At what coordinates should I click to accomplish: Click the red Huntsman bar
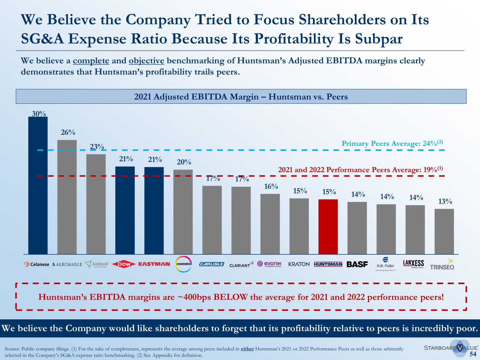[x=328, y=227]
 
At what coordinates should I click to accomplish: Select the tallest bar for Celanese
[x=38, y=186]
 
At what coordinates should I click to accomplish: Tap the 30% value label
[x=39, y=114]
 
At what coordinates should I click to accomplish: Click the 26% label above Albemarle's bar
[x=68, y=132]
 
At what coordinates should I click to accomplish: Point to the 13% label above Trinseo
[x=445, y=201]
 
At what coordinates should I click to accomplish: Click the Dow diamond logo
[x=124, y=264]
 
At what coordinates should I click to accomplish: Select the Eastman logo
[x=154, y=264]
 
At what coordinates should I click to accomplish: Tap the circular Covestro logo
[x=184, y=264]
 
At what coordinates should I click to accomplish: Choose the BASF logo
[x=357, y=264]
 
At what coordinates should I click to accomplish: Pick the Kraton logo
[x=299, y=264]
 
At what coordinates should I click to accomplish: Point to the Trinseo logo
[x=442, y=265]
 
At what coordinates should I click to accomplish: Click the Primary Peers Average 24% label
[x=392, y=143]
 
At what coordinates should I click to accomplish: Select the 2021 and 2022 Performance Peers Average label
[x=360, y=169]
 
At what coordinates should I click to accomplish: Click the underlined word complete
[x=91, y=61]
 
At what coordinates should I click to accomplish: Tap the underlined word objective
[x=146, y=61]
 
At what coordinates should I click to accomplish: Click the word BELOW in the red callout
[x=230, y=297]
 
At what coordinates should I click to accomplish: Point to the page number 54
[x=473, y=354]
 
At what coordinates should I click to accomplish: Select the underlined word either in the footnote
[x=247, y=349]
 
